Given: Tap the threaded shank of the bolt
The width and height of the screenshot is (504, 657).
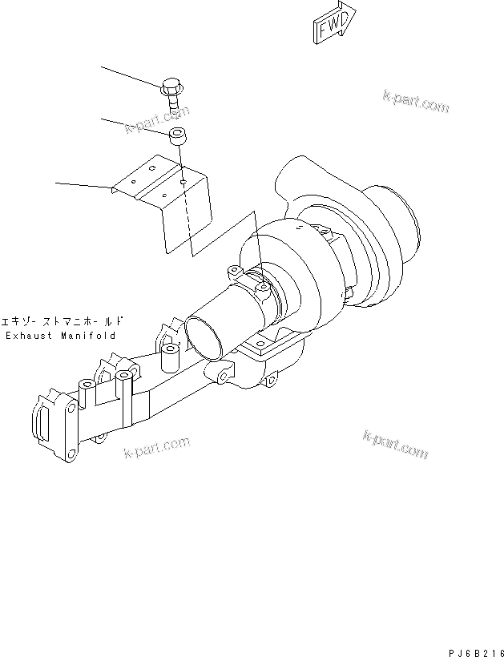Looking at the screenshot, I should point(174,103).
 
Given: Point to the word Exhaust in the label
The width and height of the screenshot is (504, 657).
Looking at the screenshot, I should point(31,336).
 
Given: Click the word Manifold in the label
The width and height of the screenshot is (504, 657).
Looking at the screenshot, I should point(88,336).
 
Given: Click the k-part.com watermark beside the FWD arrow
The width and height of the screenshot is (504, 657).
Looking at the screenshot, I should point(416,103).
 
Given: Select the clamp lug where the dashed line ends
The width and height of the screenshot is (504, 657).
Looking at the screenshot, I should point(263,284).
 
